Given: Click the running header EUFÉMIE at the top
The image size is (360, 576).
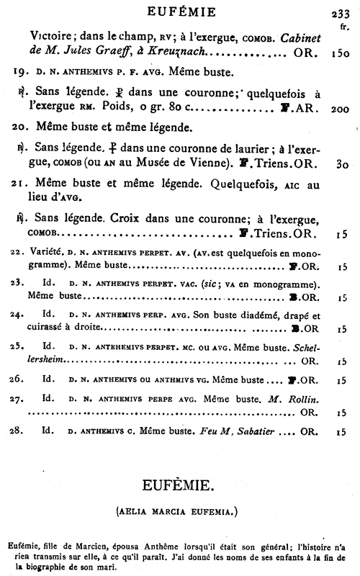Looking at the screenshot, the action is [180, 11].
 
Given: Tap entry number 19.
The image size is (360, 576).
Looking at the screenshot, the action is [22, 73].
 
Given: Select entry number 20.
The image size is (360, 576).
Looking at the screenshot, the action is [22, 128].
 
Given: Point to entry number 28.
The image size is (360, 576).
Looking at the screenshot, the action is [21, 431].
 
